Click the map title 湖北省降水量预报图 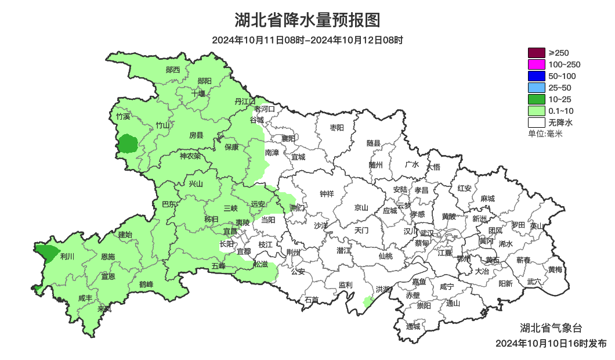point(307,20)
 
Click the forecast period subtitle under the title point(307,40)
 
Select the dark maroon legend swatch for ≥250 point(536,53)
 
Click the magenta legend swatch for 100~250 point(536,64)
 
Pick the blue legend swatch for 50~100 point(536,76)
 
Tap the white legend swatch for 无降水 point(536,123)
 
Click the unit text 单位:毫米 point(545,134)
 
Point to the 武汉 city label point(426,232)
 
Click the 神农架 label point(190,156)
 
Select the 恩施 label point(107,256)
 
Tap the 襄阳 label point(288,138)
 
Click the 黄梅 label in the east point(555,269)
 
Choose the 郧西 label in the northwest point(172,70)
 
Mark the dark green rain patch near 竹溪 point(128,143)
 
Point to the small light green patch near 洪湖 point(367,301)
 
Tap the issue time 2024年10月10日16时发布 point(551,343)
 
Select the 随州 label point(376,164)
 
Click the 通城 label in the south point(413,326)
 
